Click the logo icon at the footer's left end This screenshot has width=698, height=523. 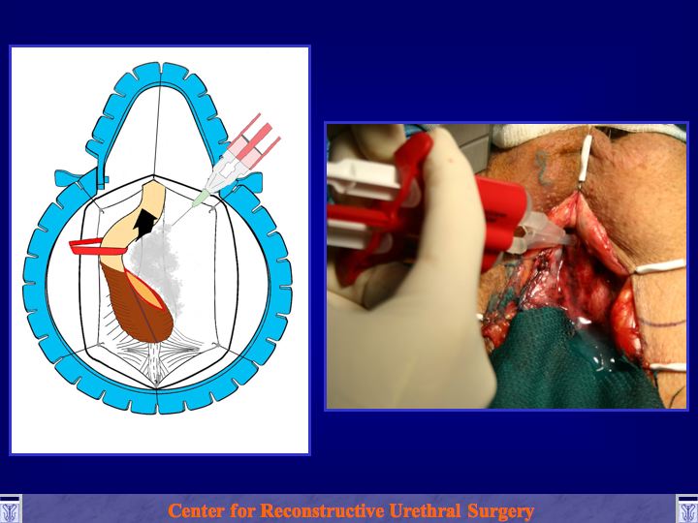point(11,509)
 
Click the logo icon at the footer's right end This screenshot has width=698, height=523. point(687,509)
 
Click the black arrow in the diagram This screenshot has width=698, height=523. point(145,224)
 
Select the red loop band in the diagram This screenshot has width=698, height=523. point(97,246)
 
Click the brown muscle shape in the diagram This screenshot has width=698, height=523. point(135,308)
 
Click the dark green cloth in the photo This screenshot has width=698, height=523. point(570,360)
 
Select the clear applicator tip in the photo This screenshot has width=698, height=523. point(545,232)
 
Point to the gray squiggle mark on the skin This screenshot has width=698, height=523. point(543,167)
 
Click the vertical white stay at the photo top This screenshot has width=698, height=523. point(587,158)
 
